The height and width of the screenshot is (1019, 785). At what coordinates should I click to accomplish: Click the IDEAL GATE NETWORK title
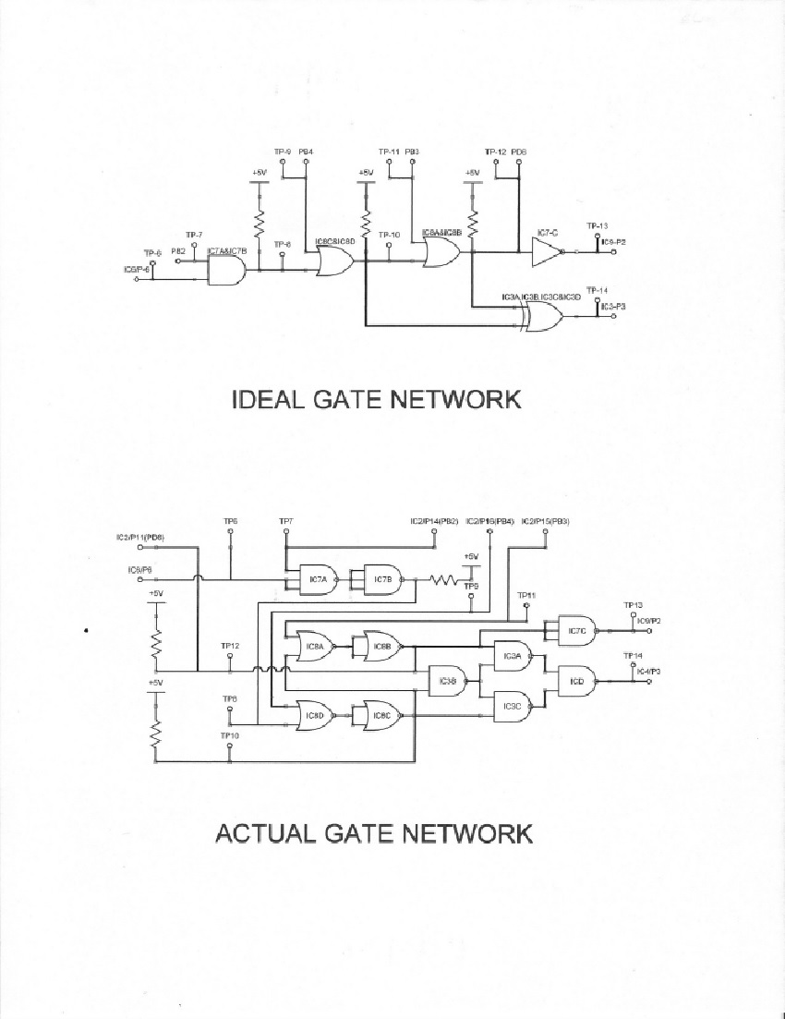[x=375, y=399]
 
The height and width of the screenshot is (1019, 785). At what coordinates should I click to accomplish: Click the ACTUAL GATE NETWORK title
[x=373, y=832]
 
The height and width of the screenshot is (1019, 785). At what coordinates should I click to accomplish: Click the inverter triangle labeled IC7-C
[x=547, y=250]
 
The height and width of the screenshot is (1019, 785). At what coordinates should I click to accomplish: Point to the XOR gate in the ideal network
[x=541, y=316]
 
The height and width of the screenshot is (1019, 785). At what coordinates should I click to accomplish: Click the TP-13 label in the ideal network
[x=597, y=226]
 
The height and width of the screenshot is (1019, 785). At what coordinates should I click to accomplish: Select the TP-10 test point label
[x=389, y=235]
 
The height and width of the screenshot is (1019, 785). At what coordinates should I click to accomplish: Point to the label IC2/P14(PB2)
[x=434, y=521]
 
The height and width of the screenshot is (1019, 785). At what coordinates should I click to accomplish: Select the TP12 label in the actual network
[x=230, y=645]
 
